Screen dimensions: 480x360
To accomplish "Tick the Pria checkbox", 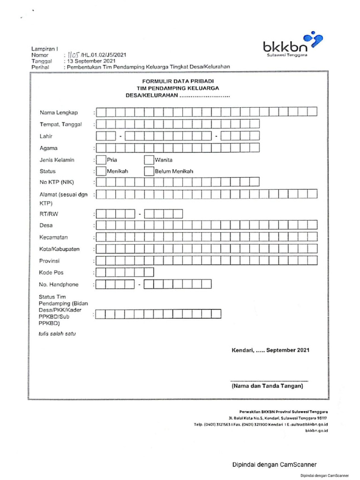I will coord(101,160).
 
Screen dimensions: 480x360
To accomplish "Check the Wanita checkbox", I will coord(149,160).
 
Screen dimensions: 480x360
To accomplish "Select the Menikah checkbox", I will coord(101,171).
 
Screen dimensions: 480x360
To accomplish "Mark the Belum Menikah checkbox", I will coord(149,171).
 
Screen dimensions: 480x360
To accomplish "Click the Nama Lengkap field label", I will coord(59,112).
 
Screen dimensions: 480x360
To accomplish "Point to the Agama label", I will coord(49,148).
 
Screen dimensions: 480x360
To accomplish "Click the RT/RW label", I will coord(49,214).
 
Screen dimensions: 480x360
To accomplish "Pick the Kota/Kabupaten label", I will coord(60,249).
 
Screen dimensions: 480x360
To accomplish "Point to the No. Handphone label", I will coord(59,285).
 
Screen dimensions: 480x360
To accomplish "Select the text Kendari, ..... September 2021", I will coord(270,350).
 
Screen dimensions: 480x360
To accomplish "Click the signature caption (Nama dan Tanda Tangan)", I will coord(267,387).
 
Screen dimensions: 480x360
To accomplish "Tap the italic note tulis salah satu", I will coord(57,334).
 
